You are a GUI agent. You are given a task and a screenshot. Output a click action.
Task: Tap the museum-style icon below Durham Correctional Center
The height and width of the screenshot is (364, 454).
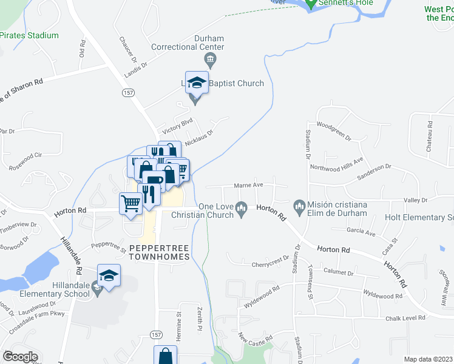tap(211, 59)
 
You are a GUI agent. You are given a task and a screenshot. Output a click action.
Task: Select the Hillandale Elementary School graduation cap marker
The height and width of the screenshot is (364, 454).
tap(109, 277)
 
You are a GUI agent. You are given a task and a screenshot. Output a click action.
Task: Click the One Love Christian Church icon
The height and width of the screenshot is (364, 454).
tap(242, 210)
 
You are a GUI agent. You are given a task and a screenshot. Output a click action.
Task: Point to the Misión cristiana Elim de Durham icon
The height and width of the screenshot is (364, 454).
tap(299, 207)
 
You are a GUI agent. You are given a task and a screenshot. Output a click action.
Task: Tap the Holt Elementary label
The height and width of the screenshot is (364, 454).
tap(419, 217)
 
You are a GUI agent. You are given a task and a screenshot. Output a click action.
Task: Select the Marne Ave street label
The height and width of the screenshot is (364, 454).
tap(249, 185)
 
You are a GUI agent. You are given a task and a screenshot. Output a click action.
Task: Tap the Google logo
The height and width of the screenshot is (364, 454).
tap(19, 356)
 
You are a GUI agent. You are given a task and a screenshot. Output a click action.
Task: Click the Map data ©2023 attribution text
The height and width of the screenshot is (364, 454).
tap(429, 359)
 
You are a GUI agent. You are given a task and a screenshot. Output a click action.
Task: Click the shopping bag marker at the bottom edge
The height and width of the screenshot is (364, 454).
tap(164, 356)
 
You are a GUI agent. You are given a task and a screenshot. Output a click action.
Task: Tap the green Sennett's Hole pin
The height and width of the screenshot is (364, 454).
tap(311, 4)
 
